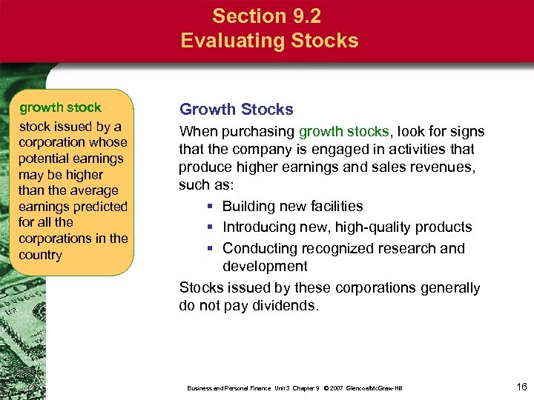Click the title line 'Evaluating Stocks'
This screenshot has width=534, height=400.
click(x=269, y=40)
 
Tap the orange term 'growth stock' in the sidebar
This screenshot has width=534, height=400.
click(x=60, y=108)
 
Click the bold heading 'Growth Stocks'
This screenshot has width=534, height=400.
click(x=237, y=110)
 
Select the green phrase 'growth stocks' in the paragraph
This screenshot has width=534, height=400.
click(x=343, y=132)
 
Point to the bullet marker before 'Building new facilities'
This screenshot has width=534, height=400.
click(x=211, y=207)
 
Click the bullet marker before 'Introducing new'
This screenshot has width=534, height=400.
click(x=211, y=227)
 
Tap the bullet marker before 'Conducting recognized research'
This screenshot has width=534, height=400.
click(x=211, y=249)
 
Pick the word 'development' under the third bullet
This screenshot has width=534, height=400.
click(x=265, y=266)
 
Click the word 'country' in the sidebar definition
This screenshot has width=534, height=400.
click(x=41, y=255)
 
